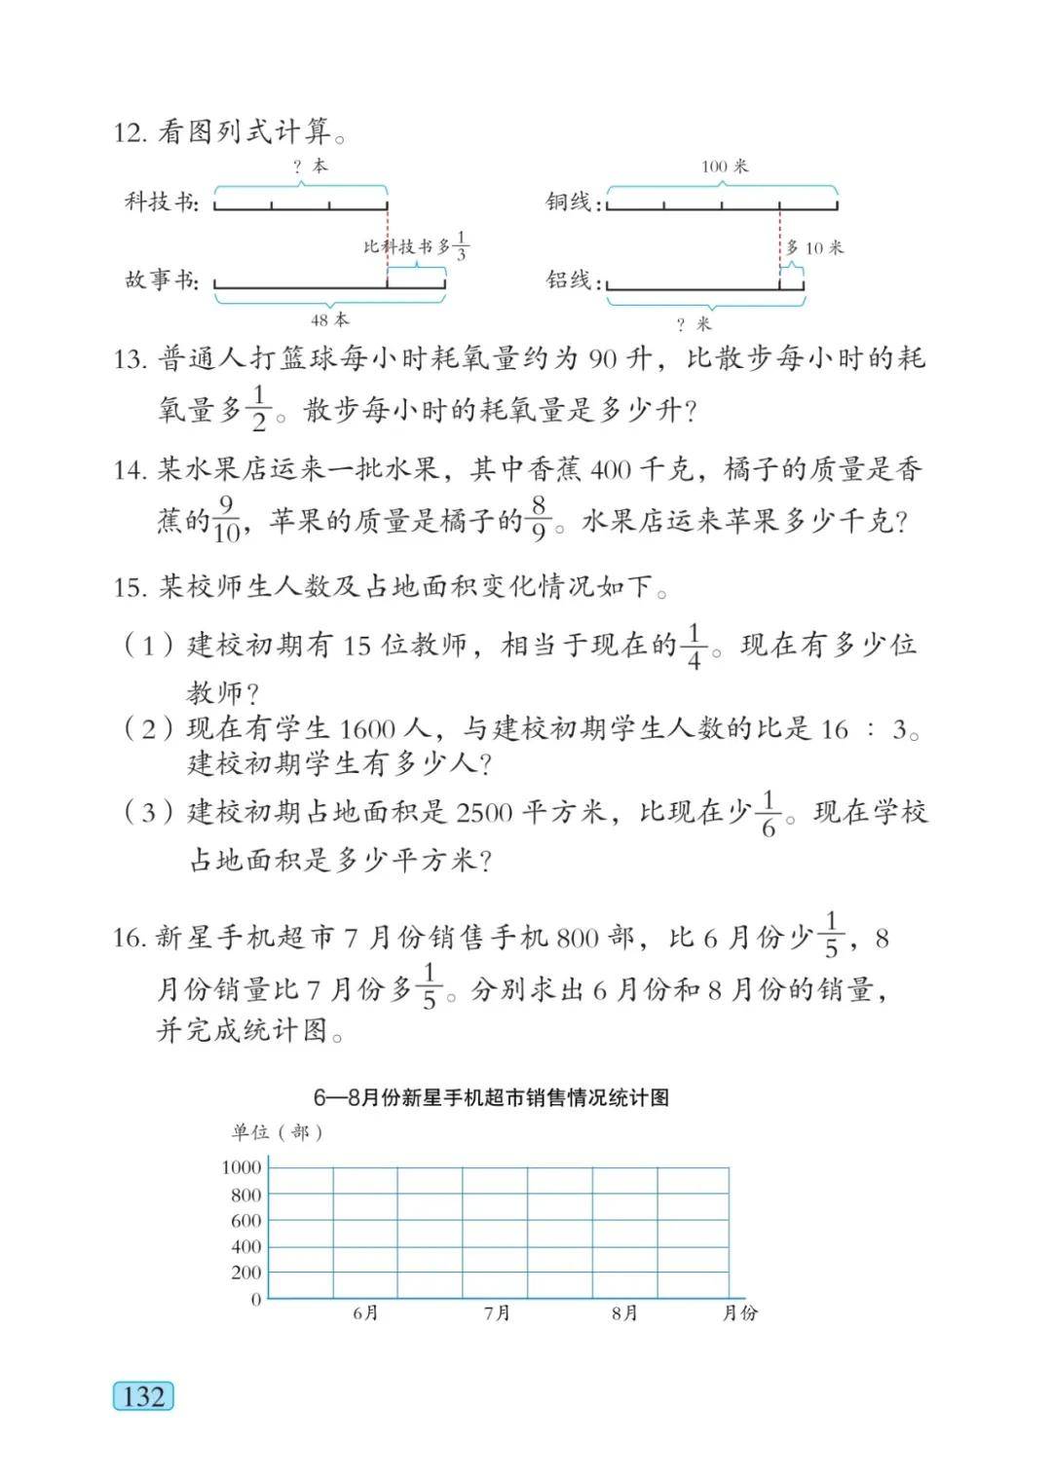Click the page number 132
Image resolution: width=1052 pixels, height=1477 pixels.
pyautogui.click(x=143, y=1396)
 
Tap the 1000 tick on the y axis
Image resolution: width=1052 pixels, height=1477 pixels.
pyautogui.click(x=242, y=1167)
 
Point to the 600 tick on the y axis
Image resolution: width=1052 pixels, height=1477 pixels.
pyautogui.click(x=245, y=1220)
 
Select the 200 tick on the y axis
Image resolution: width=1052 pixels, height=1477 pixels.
pyautogui.click(x=245, y=1272)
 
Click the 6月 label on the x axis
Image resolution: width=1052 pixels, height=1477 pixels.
pyautogui.click(x=365, y=1313)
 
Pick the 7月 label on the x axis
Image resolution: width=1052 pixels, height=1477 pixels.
pyautogui.click(x=497, y=1313)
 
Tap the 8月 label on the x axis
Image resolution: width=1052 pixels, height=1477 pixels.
pyautogui.click(x=624, y=1313)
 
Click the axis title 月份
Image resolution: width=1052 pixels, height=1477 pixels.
pyautogui.click(x=739, y=1313)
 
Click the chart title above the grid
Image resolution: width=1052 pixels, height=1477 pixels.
pyautogui.click(x=491, y=1097)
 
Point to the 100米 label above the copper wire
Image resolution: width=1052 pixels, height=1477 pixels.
pyautogui.click(x=724, y=166)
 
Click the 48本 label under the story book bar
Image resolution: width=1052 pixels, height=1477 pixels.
pyautogui.click(x=329, y=319)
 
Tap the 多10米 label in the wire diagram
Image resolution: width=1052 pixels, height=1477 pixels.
pyautogui.click(x=814, y=247)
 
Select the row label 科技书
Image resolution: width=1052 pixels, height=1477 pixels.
pyautogui.click(x=161, y=202)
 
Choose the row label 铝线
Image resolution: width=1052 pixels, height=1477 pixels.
pyautogui.click(x=569, y=280)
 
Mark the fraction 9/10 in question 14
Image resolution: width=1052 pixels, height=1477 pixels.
pyautogui.click(x=226, y=520)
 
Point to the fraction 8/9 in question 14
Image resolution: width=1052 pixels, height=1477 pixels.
pyautogui.click(x=540, y=520)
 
